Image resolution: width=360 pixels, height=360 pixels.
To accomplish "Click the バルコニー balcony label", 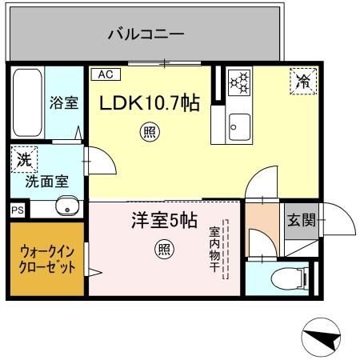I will click(146, 34).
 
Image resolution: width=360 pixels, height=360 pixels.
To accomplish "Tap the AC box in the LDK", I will click(106, 74).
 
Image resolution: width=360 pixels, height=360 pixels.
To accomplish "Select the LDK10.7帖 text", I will click(149, 103).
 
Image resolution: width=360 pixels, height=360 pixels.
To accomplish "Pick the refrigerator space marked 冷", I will click(302, 80).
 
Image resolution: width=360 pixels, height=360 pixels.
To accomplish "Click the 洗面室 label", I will click(46, 181).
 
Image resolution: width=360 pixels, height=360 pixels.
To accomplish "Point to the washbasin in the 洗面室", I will click(65, 209).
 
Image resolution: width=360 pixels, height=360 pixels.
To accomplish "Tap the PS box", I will click(18, 210).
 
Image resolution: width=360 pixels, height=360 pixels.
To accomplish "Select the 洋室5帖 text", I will click(163, 221).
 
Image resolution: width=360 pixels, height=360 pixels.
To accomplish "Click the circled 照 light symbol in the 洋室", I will click(163, 250).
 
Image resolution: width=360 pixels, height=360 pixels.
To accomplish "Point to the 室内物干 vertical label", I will click(215, 248).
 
